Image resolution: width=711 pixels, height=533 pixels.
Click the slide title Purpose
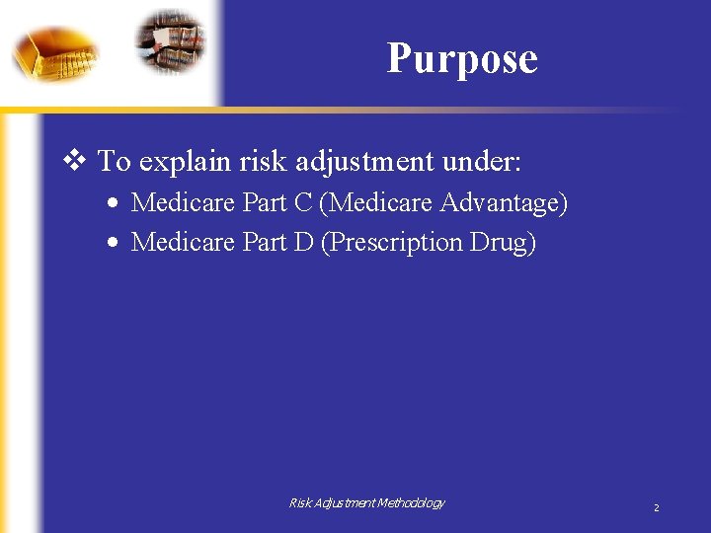(x=462, y=58)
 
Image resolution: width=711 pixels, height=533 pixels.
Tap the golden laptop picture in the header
(x=55, y=51)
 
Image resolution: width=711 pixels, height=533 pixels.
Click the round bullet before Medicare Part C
(x=115, y=204)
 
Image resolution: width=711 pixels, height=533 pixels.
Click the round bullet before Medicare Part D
(x=115, y=243)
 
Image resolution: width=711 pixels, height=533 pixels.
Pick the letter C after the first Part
(x=303, y=203)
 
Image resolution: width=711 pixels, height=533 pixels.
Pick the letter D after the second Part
(x=303, y=242)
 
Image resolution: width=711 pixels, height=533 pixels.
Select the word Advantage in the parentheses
(x=502, y=203)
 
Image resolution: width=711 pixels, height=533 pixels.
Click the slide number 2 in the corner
(x=656, y=507)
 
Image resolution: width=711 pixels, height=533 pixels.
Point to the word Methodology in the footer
(x=409, y=503)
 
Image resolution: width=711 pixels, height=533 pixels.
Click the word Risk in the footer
(x=300, y=503)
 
